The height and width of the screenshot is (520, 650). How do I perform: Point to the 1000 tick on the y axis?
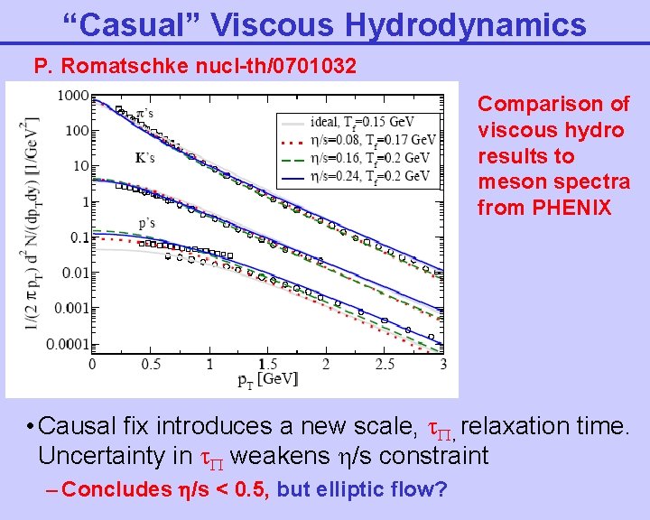[72, 96]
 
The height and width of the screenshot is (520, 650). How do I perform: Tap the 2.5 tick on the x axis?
[384, 364]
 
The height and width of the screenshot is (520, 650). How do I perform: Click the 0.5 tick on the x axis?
[150, 364]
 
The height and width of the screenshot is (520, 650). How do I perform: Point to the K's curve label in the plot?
[144, 157]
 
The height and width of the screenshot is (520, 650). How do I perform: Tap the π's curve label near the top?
[143, 114]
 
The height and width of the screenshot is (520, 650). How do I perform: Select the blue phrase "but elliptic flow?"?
[362, 490]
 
